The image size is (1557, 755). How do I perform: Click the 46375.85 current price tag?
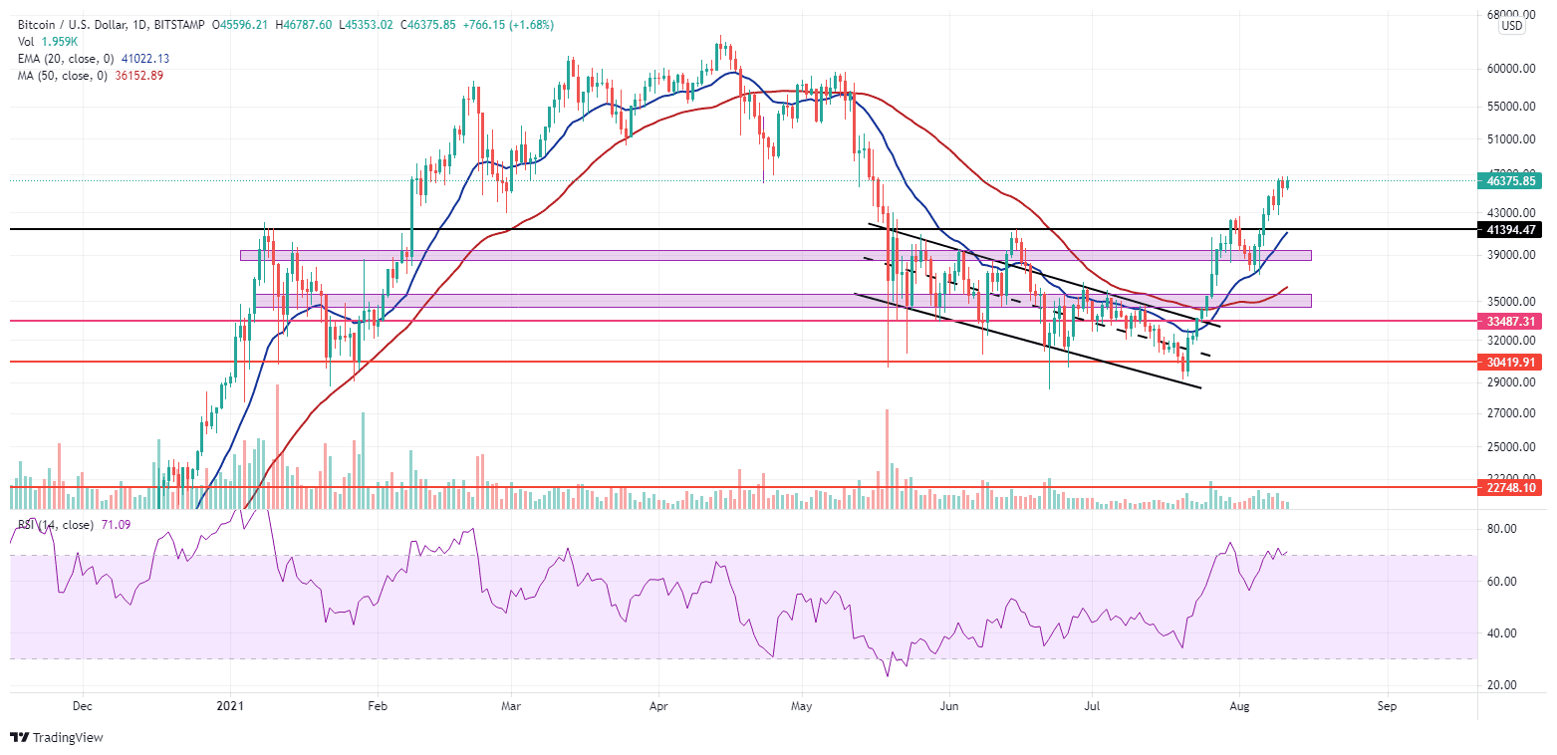(1513, 181)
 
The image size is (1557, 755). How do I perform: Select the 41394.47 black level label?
(1513, 230)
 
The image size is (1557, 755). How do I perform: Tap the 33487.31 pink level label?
(1513, 322)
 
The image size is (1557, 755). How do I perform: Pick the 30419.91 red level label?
(1513, 363)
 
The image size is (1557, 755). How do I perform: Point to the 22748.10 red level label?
(1513, 488)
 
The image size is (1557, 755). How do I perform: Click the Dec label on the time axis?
(83, 705)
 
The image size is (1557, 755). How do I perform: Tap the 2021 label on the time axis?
(230, 705)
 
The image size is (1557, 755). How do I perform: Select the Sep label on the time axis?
(1387, 705)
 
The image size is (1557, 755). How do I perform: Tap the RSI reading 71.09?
(116, 524)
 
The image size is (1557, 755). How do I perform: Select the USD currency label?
(1511, 27)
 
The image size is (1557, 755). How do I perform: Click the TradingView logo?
(57, 738)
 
